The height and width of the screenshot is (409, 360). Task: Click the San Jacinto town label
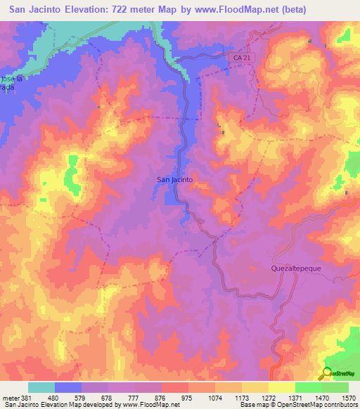point(174,180)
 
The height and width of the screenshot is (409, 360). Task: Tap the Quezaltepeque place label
point(290,268)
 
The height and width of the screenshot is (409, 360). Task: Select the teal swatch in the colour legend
point(41,387)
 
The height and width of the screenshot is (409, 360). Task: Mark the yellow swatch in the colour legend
point(281,387)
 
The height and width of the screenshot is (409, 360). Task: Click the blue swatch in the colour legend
point(68,387)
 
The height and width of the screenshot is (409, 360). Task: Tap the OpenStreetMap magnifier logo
point(327,374)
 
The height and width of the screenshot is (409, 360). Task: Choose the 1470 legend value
point(322,398)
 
